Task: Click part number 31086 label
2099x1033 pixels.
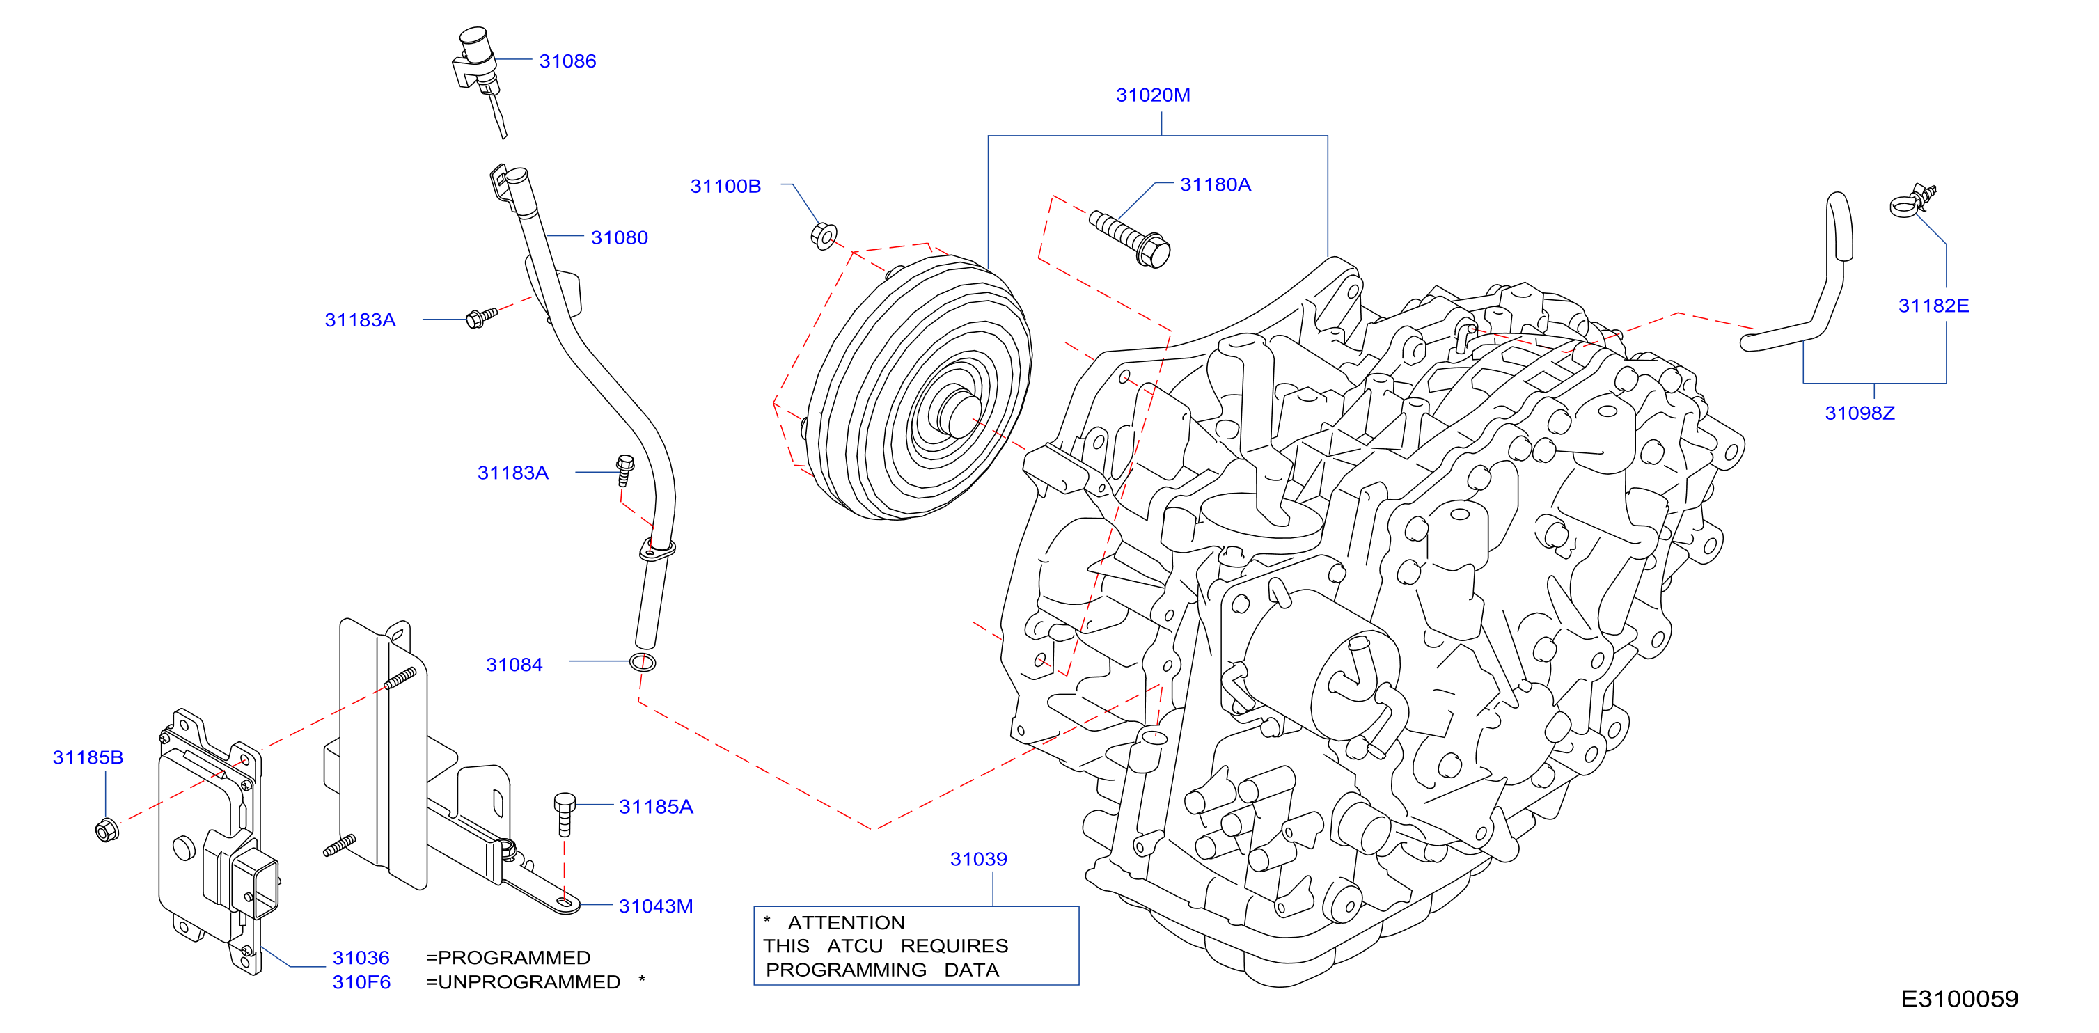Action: pyautogui.click(x=567, y=61)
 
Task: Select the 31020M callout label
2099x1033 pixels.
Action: pyautogui.click(x=1152, y=95)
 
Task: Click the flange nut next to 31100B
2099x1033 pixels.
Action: pyautogui.click(x=824, y=235)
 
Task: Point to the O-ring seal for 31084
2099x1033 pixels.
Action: pyautogui.click(x=643, y=661)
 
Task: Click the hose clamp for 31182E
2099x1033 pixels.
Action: pyautogui.click(x=1911, y=201)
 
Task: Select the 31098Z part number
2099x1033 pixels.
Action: pyautogui.click(x=1860, y=413)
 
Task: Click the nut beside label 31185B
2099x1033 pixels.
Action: pyautogui.click(x=107, y=829)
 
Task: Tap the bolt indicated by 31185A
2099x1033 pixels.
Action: pyautogui.click(x=564, y=814)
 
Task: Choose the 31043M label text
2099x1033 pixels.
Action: pyautogui.click(x=655, y=906)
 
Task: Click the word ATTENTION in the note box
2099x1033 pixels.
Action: pyautogui.click(x=846, y=922)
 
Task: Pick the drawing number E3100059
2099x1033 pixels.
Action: pyautogui.click(x=1959, y=999)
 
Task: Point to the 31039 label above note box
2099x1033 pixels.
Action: pyautogui.click(x=978, y=859)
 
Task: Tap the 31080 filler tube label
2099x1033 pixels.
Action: pyautogui.click(x=620, y=238)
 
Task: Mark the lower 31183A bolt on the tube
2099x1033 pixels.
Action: pyautogui.click(x=625, y=470)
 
